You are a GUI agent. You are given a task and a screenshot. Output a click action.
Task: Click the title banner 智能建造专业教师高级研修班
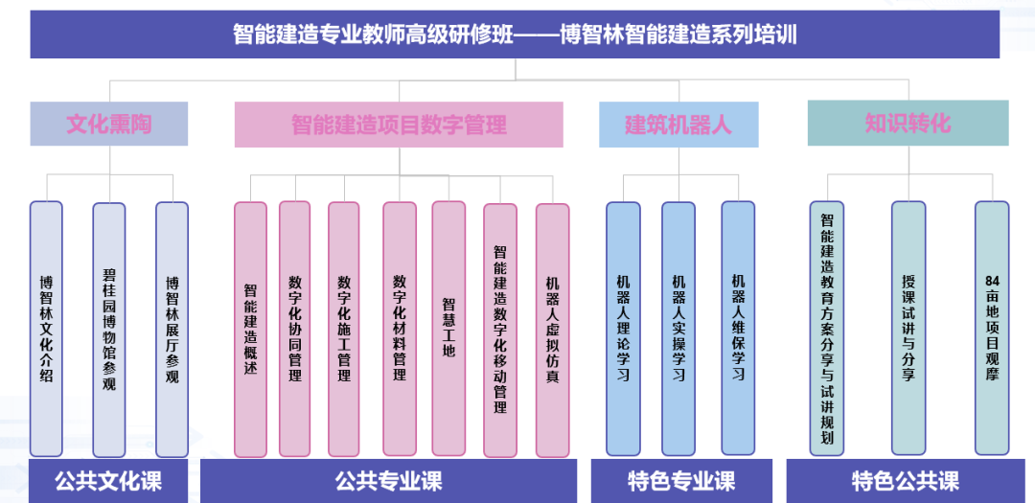pos(515,35)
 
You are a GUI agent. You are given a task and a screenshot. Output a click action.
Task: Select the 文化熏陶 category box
pos(108,124)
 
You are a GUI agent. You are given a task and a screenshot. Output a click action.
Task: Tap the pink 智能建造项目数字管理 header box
pos(399,125)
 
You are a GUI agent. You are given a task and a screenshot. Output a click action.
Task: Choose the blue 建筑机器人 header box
pos(678,125)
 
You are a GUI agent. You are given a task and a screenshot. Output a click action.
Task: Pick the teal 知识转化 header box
pos(908,123)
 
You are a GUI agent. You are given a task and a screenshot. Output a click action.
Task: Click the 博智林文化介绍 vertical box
pos(46,329)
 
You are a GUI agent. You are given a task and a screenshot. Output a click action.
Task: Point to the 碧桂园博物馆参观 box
pos(109,329)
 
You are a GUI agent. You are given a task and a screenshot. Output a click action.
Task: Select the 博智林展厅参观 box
pos(172,329)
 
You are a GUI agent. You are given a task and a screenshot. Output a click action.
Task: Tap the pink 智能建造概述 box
pos(250,329)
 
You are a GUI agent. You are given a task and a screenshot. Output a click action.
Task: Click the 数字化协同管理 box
pos(295,329)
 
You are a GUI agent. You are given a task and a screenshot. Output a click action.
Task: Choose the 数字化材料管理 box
pos(400,329)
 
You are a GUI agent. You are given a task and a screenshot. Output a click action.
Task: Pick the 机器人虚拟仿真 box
pos(552,330)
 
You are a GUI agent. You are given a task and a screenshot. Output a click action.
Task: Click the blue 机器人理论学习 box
pos(623,328)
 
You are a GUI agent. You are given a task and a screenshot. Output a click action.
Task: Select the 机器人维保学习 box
pos(738,328)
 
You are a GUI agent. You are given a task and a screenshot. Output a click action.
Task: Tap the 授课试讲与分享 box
pos(908,328)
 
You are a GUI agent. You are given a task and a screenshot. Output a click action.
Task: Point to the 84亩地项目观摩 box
pos(992,328)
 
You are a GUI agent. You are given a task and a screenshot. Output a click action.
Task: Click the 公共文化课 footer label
pos(108,481)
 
